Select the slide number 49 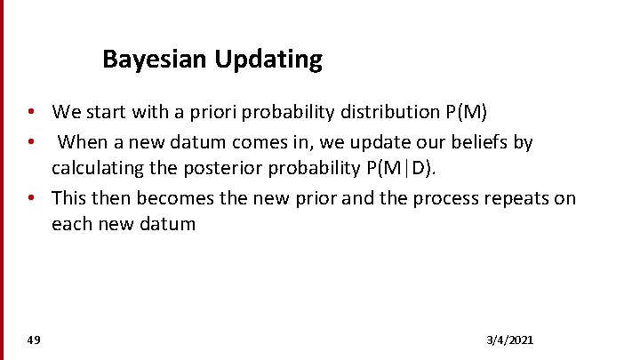[x=34, y=340]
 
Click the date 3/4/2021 [x=510, y=340]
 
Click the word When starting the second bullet [x=84, y=141]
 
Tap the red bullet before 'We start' [x=30, y=112]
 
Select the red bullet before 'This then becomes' [x=30, y=196]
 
